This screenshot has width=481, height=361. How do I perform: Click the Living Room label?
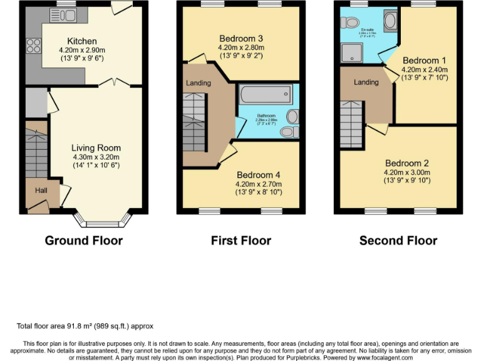coord(96,148)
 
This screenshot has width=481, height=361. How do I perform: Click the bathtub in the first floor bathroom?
coord(265,95)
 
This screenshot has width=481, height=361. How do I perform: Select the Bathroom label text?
coord(266,116)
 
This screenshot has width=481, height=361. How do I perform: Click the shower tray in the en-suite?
coord(351,54)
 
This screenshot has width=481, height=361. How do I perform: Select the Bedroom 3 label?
coord(241,39)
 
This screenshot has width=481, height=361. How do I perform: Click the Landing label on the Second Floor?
coord(366,82)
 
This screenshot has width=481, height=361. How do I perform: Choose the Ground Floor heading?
coord(84,240)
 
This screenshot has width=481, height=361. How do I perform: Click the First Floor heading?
coord(241,240)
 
